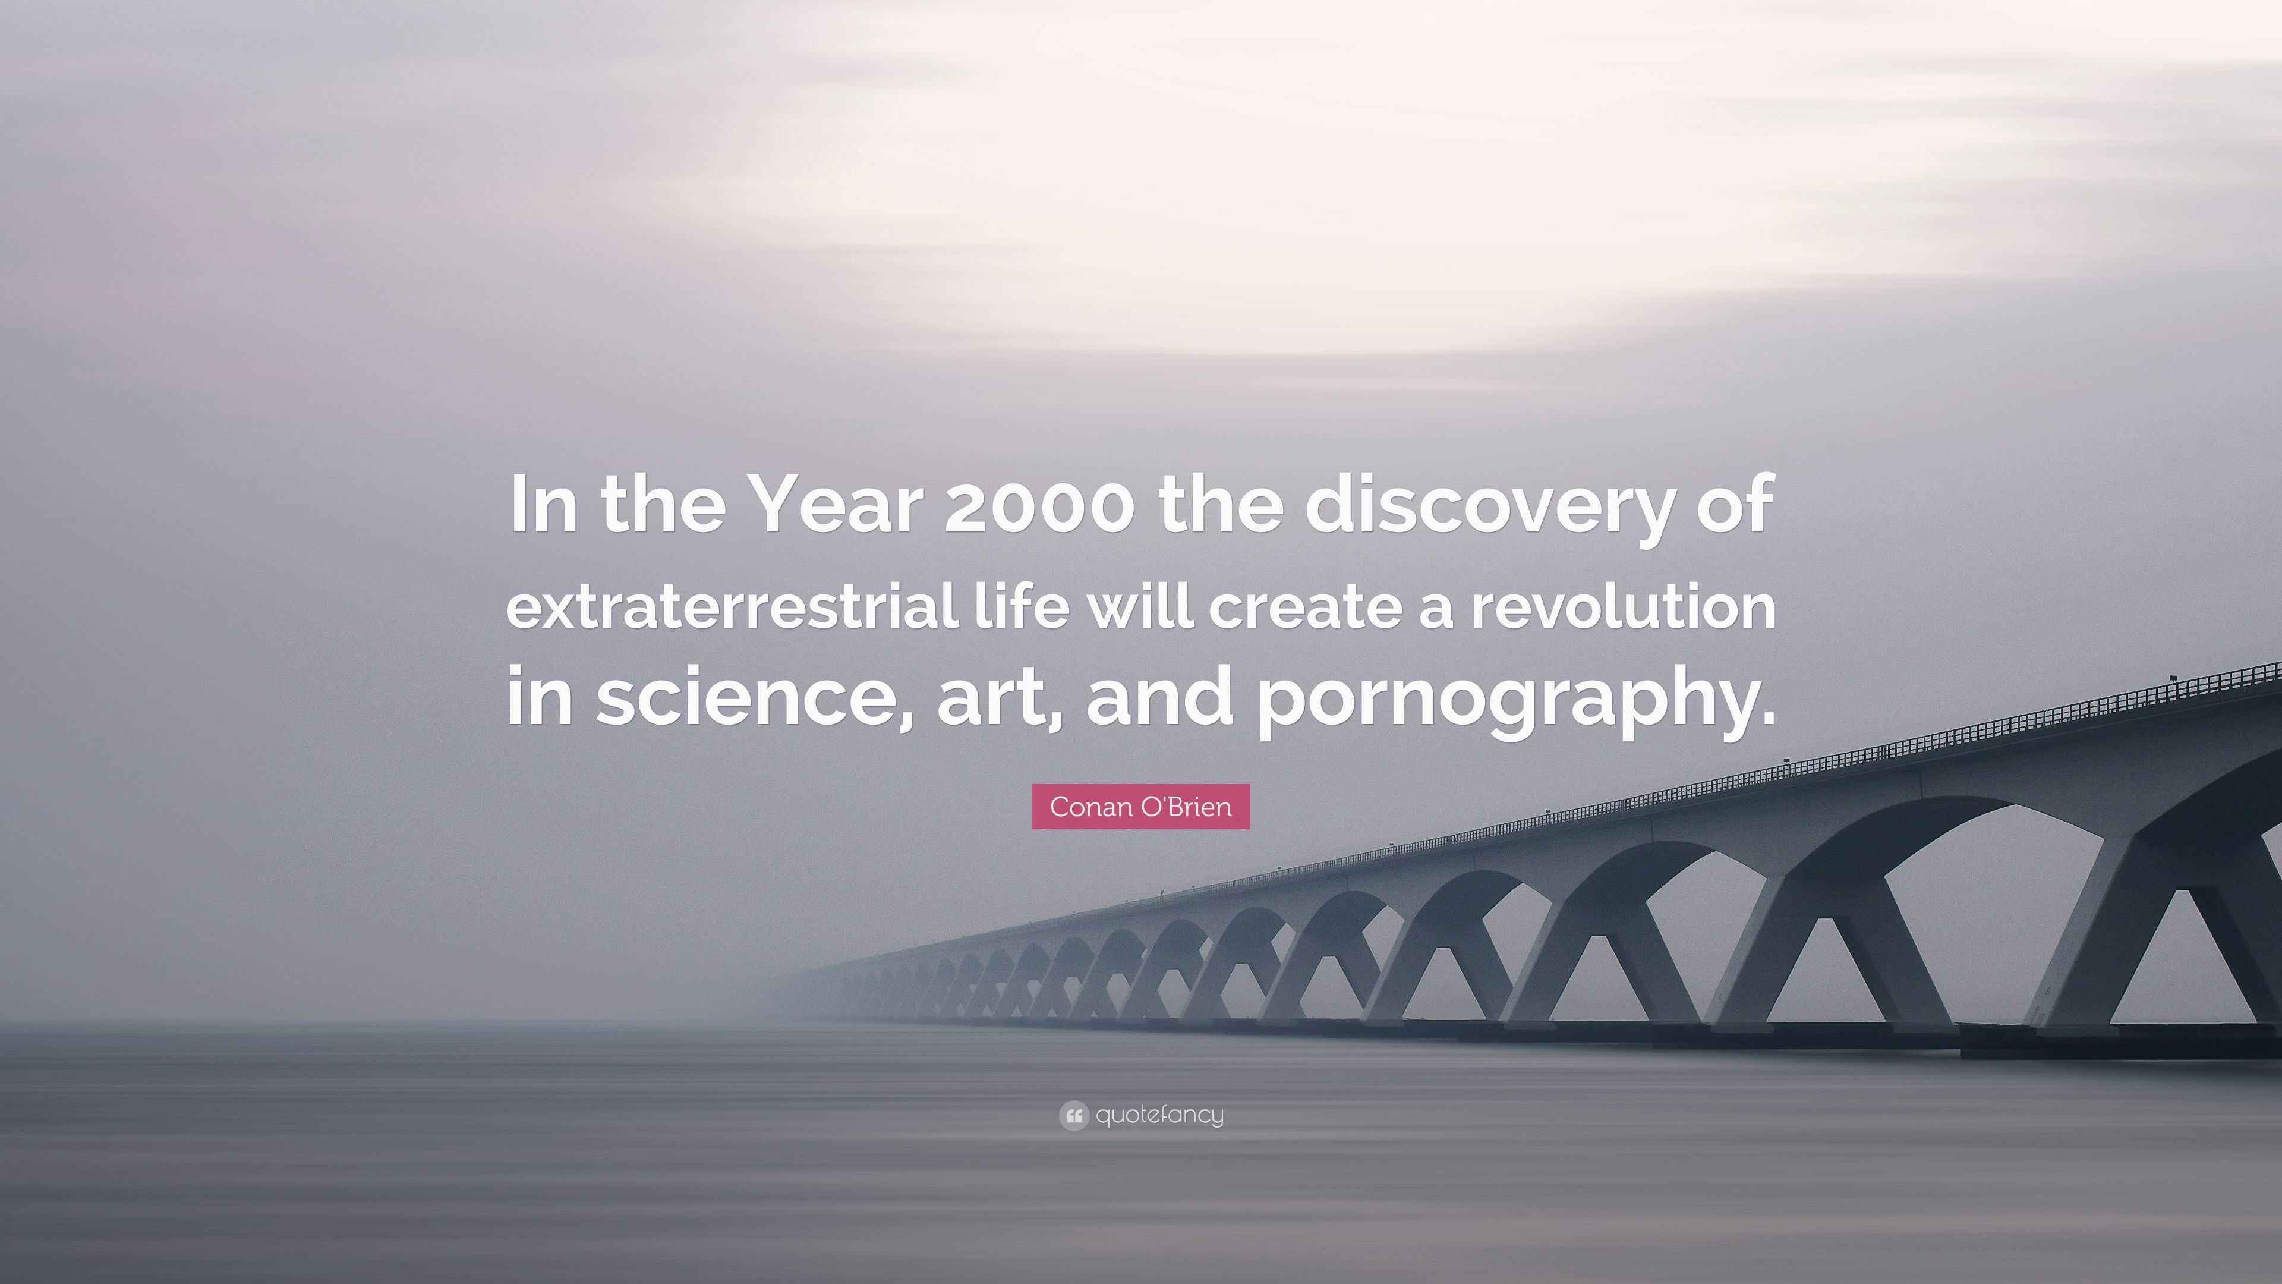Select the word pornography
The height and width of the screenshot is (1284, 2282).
1497,700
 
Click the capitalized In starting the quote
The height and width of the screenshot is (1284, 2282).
538,505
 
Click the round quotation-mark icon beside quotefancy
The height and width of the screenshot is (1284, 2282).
1073,1116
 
